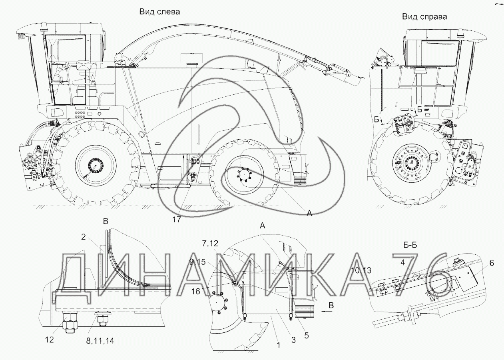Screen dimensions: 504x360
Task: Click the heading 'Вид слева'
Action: pos(159,12)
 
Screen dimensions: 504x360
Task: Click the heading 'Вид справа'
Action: pos(424,17)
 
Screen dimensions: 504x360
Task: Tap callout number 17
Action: pos(176,220)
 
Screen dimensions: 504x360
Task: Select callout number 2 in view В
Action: pos(84,237)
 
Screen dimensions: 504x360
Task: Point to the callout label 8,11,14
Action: pos(100,341)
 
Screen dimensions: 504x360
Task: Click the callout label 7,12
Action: pos(210,243)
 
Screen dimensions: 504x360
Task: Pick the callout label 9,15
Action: pos(197,262)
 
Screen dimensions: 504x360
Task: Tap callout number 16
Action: pos(195,292)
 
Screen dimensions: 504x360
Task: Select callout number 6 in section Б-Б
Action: pos(492,263)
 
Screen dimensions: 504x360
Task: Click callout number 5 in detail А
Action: pos(307,335)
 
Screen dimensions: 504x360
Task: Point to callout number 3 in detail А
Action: pos(293,340)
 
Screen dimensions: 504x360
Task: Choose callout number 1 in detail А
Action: pos(278,345)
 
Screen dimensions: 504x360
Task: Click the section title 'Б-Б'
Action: pos(410,245)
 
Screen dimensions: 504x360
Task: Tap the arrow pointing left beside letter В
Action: pos(327,311)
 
